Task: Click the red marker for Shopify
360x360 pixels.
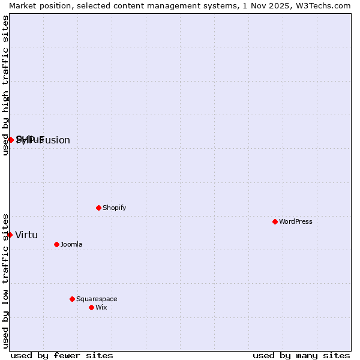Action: (x=98, y=208)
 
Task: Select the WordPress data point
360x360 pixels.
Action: (x=275, y=221)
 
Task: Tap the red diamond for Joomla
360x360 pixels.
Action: (x=56, y=244)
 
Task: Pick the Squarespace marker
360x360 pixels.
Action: (x=72, y=299)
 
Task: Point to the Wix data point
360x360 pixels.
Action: (x=91, y=307)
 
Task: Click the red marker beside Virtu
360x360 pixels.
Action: (x=10, y=235)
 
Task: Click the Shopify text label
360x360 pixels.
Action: (x=114, y=208)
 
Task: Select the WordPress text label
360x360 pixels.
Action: (x=296, y=221)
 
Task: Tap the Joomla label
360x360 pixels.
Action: (x=71, y=244)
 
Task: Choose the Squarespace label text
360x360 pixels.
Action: (x=97, y=299)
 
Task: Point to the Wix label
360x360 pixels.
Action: (x=101, y=307)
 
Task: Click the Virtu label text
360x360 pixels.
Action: (x=26, y=235)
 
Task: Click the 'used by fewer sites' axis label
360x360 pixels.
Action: (x=62, y=355)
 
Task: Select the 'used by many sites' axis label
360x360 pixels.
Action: (x=301, y=355)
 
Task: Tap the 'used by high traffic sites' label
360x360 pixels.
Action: (x=5, y=85)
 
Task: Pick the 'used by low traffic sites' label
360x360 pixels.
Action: (x=5, y=280)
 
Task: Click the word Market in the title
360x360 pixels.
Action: (x=22, y=5)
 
